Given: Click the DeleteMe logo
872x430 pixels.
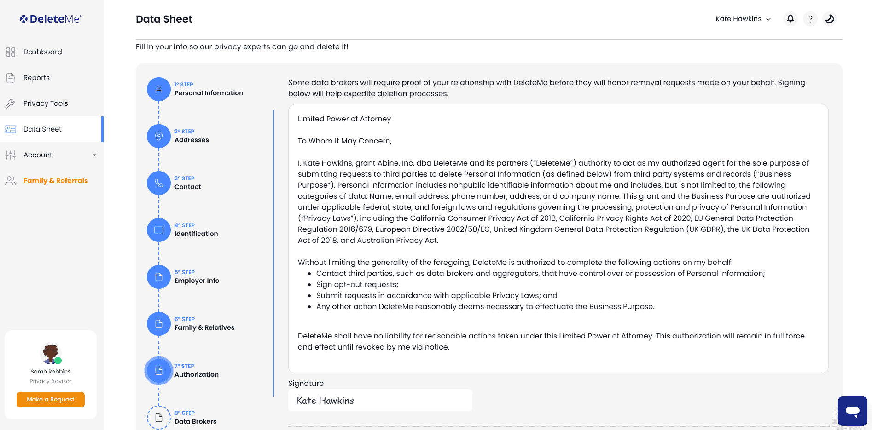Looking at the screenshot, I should [x=51, y=19].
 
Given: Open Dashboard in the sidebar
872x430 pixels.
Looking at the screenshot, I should [x=42, y=52].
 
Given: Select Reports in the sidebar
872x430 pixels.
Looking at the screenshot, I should [x=36, y=78].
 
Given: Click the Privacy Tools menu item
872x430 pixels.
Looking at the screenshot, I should [x=46, y=103].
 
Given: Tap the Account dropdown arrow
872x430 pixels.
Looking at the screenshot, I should [x=94, y=155].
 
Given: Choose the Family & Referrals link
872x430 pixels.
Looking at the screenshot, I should [x=55, y=181].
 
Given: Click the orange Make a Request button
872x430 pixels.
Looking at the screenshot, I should [x=51, y=400].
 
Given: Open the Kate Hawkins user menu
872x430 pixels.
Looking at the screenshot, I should [x=743, y=19].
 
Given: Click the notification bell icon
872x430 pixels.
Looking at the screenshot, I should [x=790, y=19].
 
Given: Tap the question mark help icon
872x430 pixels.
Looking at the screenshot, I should [x=810, y=19].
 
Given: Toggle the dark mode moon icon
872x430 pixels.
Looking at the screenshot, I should [x=829, y=19].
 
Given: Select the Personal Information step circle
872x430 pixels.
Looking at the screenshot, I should [x=159, y=89].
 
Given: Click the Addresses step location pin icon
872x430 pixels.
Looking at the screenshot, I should [x=159, y=136].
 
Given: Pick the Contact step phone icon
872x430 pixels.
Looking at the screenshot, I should [x=159, y=183].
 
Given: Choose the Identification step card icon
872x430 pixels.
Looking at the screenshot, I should [x=159, y=230].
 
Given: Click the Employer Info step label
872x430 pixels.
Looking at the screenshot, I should [x=197, y=281].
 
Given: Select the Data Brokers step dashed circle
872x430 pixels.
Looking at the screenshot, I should [x=159, y=418].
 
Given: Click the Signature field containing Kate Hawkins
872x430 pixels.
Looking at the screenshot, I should [x=380, y=401].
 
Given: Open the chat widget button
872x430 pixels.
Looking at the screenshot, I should [x=852, y=411].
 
